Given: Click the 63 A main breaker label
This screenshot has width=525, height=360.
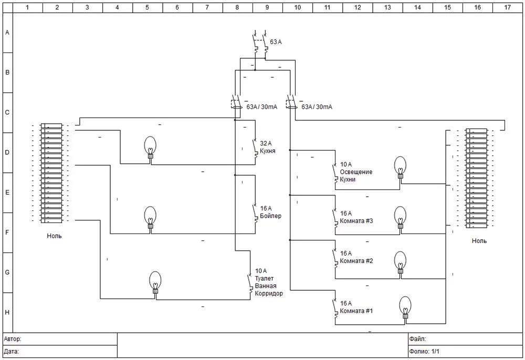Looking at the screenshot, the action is coord(276,42).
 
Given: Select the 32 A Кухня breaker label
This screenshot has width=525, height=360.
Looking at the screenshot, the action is coord(268,147).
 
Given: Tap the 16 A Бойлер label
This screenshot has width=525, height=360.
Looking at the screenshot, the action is coord(270,212).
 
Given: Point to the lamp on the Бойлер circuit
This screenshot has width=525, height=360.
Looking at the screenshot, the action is coord(150,217).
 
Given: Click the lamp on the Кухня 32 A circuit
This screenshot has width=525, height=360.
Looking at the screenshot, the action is coord(150,147).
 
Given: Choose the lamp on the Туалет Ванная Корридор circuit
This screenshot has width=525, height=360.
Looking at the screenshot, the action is coord(155,282).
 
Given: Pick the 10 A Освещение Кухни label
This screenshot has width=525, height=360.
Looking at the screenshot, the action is coord(356,172).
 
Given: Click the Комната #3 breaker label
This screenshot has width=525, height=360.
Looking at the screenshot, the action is coord(356,217).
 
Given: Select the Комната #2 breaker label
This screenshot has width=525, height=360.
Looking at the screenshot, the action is coord(356,257).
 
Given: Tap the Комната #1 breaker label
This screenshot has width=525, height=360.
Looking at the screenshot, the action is coord(356,307).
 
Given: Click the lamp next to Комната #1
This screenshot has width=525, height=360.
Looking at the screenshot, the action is coord(405,307).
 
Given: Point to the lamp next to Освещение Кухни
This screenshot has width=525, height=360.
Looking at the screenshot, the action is coord(400,167).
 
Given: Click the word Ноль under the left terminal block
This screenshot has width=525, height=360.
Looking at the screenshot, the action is coord(54,236).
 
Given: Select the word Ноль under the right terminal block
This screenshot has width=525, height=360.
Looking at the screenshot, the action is coord(479,241).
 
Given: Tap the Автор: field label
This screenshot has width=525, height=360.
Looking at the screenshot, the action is coord(13,339).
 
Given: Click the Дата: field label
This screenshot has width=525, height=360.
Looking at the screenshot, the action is coord(12,352).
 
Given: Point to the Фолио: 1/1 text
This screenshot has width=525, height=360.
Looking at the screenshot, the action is coord(424,352).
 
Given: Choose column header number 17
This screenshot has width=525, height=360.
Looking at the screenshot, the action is coord(507,7).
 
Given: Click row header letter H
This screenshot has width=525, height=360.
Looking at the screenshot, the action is coord(7,312).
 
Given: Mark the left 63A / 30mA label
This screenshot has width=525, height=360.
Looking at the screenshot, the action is coord(262,107).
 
